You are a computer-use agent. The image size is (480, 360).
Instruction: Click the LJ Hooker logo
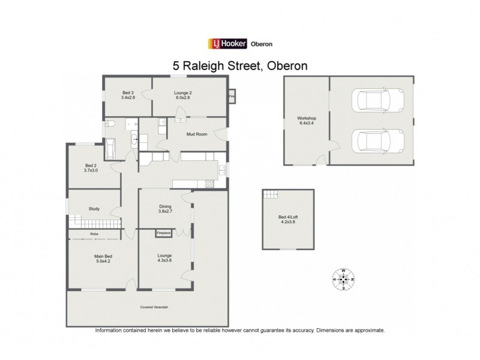[227, 43]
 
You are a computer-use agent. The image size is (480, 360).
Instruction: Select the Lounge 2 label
[182, 94]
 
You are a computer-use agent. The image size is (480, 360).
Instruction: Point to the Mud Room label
[197, 134]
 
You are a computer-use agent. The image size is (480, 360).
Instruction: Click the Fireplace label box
[163, 232]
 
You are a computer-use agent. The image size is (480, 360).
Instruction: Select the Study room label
[94, 209]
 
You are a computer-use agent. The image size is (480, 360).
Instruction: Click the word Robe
[94, 233]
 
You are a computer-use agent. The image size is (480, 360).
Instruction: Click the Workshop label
[307, 118]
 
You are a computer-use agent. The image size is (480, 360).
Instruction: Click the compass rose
[344, 278]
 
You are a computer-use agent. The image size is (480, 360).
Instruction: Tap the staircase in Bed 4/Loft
[271, 194]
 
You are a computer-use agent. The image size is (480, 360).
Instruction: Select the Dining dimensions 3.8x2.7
[165, 211]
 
